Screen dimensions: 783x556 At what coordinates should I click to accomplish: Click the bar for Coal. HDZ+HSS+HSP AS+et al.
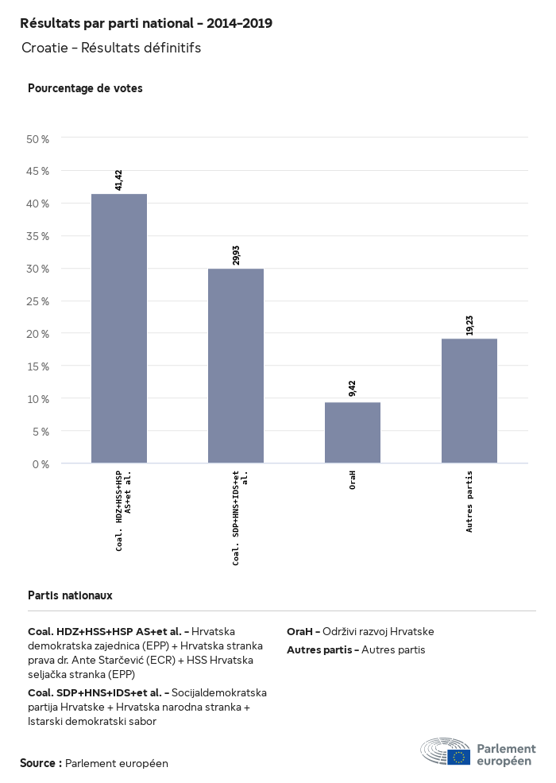[119, 328]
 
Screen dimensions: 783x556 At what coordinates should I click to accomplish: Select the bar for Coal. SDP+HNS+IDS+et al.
[236, 366]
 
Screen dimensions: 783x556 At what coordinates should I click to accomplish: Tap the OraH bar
[353, 432]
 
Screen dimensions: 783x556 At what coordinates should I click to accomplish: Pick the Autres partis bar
[469, 401]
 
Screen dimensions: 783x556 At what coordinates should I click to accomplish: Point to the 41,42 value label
[119, 180]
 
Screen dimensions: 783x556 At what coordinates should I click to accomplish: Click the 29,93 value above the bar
[236, 254]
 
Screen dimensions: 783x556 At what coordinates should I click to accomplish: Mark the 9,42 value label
[353, 388]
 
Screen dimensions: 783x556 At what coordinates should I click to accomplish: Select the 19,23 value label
[469, 324]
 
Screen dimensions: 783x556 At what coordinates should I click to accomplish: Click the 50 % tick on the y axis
[38, 139]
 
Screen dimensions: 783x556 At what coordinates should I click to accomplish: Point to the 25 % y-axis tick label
[38, 301]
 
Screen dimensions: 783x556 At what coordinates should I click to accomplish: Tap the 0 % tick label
[41, 463]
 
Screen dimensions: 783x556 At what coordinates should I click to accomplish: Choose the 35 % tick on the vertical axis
[38, 236]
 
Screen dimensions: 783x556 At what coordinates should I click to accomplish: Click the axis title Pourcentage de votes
[85, 88]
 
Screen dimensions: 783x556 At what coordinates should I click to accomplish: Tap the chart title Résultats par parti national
[146, 24]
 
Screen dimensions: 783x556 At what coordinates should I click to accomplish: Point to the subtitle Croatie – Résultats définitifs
[111, 48]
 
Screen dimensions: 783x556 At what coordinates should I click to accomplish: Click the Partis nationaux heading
[70, 595]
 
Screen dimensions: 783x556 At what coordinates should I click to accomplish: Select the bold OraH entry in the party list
[302, 632]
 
